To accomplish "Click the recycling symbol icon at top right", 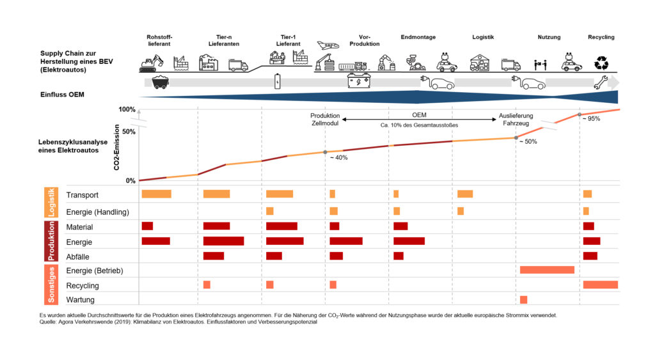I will tap(601, 62).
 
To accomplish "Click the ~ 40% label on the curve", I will tap(339, 157).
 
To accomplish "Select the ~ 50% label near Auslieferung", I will tap(528, 141).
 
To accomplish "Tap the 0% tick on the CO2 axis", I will tap(130, 181).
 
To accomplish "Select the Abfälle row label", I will tap(79, 256).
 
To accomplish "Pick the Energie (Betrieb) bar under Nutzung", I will tap(547, 270).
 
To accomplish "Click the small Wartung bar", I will tap(524, 300).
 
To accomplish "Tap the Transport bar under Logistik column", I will tap(465, 194).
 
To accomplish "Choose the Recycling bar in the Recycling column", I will tap(601, 285).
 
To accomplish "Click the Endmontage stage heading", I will tap(418, 37).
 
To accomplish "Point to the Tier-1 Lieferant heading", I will tap(288, 40).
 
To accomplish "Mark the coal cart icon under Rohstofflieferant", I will tap(161, 82).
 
